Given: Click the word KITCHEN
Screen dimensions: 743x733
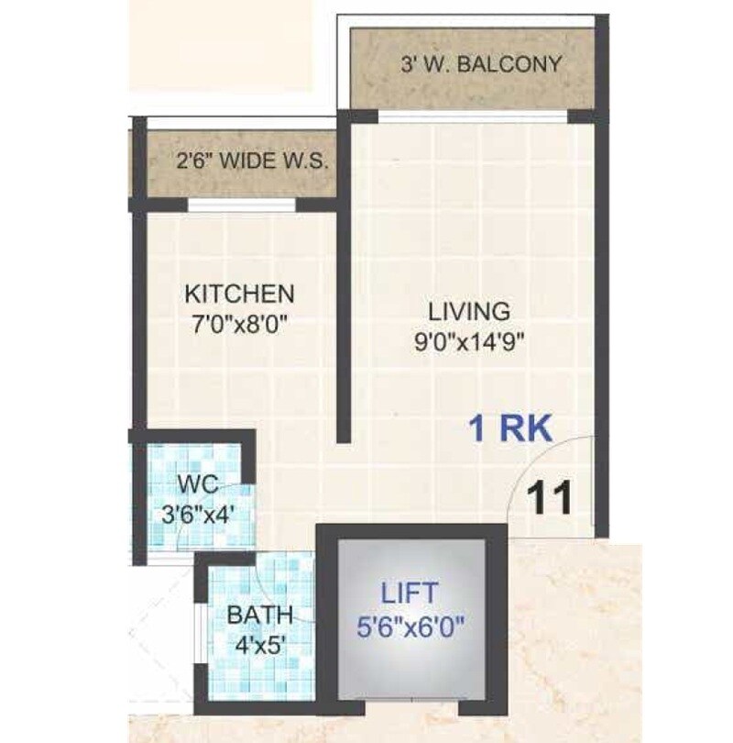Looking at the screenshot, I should coord(240,294).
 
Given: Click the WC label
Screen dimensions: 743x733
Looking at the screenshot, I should coord(197,483).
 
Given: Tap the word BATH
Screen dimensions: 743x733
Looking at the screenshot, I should coord(261,613).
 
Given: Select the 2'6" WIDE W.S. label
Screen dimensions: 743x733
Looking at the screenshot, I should coord(252,163).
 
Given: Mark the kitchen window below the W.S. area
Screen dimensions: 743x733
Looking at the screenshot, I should coord(242,205).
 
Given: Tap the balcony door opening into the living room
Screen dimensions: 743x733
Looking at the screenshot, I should coord(471,116).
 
